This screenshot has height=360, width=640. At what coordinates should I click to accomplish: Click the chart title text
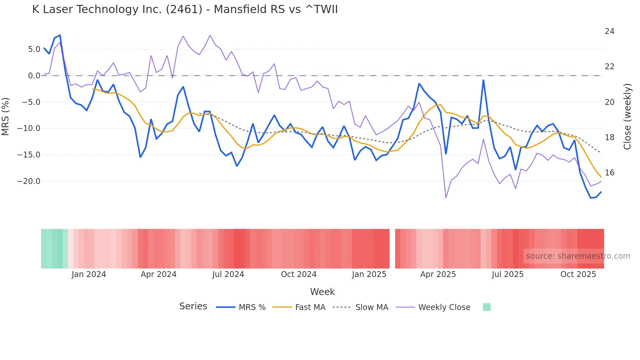point(185,9)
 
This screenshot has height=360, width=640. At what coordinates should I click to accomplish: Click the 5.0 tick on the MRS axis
point(34,49)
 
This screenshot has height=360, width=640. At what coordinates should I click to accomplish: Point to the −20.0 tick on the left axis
point(29,181)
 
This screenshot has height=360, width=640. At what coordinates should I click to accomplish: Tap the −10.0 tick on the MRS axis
point(29,128)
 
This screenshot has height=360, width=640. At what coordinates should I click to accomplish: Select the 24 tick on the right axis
point(609,31)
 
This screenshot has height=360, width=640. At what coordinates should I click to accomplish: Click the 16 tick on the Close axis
point(609,173)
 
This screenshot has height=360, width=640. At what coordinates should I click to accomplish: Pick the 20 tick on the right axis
point(609,102)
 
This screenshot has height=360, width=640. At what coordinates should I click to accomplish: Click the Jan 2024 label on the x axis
point(89,274)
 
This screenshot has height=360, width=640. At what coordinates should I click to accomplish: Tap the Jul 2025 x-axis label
point(507,274)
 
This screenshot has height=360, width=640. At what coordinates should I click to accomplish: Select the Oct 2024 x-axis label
point(298,274)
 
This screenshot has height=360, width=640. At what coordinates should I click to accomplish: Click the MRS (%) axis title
point(6,116)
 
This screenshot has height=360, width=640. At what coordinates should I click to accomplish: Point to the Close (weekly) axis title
point(627,116)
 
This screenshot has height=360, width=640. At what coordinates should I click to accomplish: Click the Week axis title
point(322,292)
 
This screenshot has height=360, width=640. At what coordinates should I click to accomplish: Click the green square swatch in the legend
point(487,307)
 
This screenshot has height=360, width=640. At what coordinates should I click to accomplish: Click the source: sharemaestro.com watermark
point(578,256)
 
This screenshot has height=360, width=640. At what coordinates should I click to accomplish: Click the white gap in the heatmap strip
point(392,249)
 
